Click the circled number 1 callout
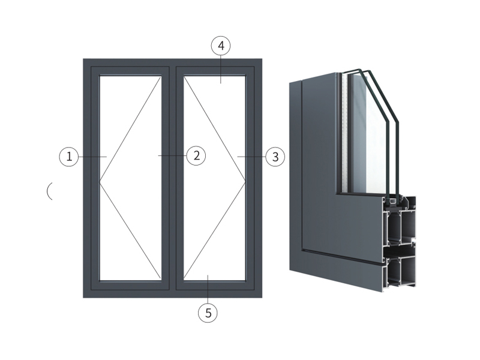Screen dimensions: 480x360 (69, 157)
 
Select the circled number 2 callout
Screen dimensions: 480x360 (196, 155)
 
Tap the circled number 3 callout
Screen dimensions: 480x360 (275, 157)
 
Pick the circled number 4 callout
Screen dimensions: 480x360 (221, 46)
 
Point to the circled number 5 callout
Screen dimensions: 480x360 (208, 313)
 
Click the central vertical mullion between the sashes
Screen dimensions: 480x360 (173, 178)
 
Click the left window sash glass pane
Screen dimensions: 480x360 (130, 178)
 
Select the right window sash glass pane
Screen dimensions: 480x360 (215, 178)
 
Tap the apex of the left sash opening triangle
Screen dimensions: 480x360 (100, 182)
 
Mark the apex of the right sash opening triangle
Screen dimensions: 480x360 (245, 182)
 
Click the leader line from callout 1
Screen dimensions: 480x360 (92, 157)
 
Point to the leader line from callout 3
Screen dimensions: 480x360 (251, 157)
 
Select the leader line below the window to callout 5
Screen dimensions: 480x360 (208, 289)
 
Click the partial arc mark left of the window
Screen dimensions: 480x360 (48, 191)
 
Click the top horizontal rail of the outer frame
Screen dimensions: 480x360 (173, 62)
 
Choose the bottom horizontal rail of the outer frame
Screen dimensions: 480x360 (173, 294)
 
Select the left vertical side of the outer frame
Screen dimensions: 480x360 (87, 178)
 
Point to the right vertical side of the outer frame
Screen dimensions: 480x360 (259, 178)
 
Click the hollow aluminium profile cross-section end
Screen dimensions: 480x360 (400, 242)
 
